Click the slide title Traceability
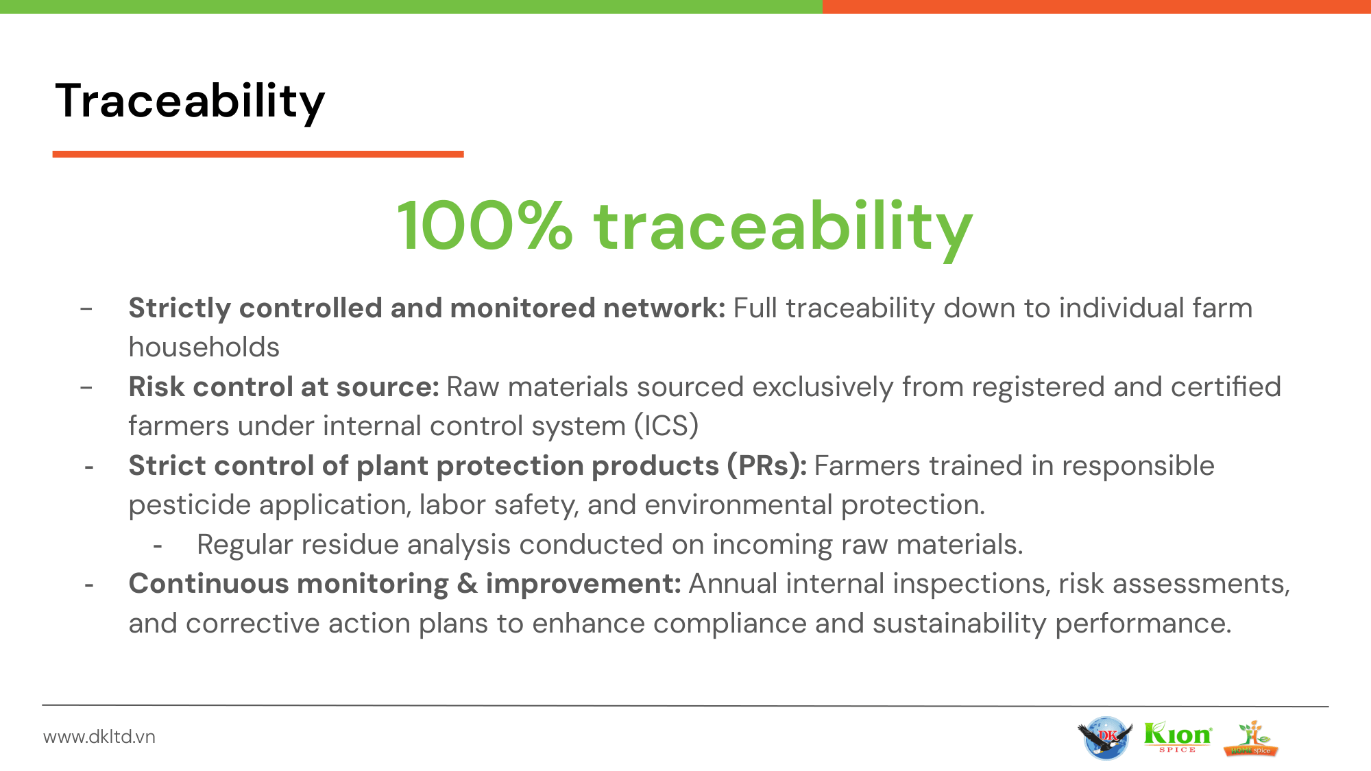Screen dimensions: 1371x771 click(x=190, y=102)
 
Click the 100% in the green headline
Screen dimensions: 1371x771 click(x=485, y=226)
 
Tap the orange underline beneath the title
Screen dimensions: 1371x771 click(x=258, y=154)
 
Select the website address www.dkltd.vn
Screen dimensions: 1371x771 click(x=99, y=737)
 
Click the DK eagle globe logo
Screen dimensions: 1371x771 click(x=1105, y=738)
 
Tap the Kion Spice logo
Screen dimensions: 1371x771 click(x=1178, y=737)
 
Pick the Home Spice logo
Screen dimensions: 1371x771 click(x=1251, y=739)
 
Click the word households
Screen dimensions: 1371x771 click(x=204, y=347)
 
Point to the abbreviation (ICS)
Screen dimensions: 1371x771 click(x=666, y=426)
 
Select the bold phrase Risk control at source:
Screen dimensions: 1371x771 click(x=284, y=387)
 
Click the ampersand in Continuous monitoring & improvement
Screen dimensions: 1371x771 click(x=468, y=584)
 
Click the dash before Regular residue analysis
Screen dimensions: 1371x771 click(x=158, y=547)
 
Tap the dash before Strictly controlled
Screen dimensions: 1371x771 click(x=86, y=310)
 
